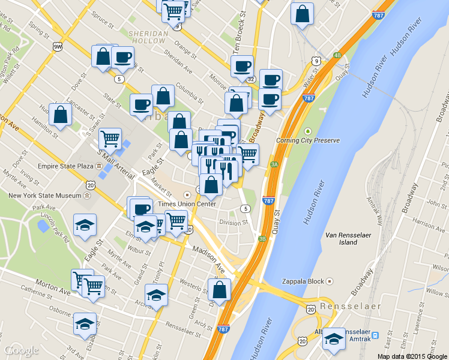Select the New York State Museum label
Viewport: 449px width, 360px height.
coord(45,196)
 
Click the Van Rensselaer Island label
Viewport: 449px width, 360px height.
coord(348,238)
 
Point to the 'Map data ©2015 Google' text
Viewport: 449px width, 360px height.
coord(412,356)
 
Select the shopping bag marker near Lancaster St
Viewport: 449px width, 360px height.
coord(61,115)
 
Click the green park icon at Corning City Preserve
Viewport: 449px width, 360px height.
coord(308,131)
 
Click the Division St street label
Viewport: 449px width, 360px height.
coord(234,222)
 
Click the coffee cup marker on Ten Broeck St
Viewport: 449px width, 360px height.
coord(243,67)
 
